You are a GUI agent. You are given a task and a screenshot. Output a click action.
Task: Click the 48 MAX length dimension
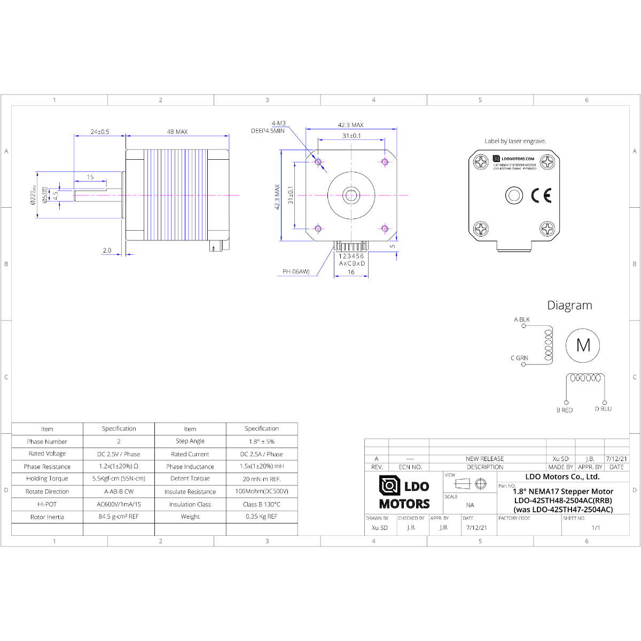point(177,131)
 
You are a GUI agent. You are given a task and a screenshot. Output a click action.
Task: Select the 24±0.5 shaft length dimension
point(100,131)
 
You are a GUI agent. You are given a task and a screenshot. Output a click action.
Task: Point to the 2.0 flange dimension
point(107,250)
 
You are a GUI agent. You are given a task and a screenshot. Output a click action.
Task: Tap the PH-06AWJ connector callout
point(296,271)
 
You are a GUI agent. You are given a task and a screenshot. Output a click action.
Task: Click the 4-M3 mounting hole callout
point(278,123)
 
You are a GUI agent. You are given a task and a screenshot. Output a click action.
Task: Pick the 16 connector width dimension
point(351,272)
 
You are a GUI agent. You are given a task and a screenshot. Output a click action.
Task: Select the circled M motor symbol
point(583,345)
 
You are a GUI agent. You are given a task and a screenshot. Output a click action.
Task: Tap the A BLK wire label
point(522,319)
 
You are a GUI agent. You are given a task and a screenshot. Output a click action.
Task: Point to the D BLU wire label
point(603,409)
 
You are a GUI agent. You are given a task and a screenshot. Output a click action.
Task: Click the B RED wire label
point(564,410)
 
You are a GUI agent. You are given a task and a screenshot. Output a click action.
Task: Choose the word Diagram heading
point(569,306)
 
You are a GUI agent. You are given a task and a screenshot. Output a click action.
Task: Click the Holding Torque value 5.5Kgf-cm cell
point(119,479)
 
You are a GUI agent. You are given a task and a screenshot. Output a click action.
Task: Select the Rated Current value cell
point(262,454)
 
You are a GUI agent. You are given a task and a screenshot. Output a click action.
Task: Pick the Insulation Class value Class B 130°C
point(262,504)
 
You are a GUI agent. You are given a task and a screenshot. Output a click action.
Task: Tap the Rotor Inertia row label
point(47,517)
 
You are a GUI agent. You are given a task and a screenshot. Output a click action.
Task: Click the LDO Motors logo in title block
point(404,493)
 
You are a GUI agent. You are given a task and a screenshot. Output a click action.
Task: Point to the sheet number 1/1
point(596,528)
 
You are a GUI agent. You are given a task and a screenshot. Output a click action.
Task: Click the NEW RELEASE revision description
point(484,459)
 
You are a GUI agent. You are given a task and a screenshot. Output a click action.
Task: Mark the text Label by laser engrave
point(515,141)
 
